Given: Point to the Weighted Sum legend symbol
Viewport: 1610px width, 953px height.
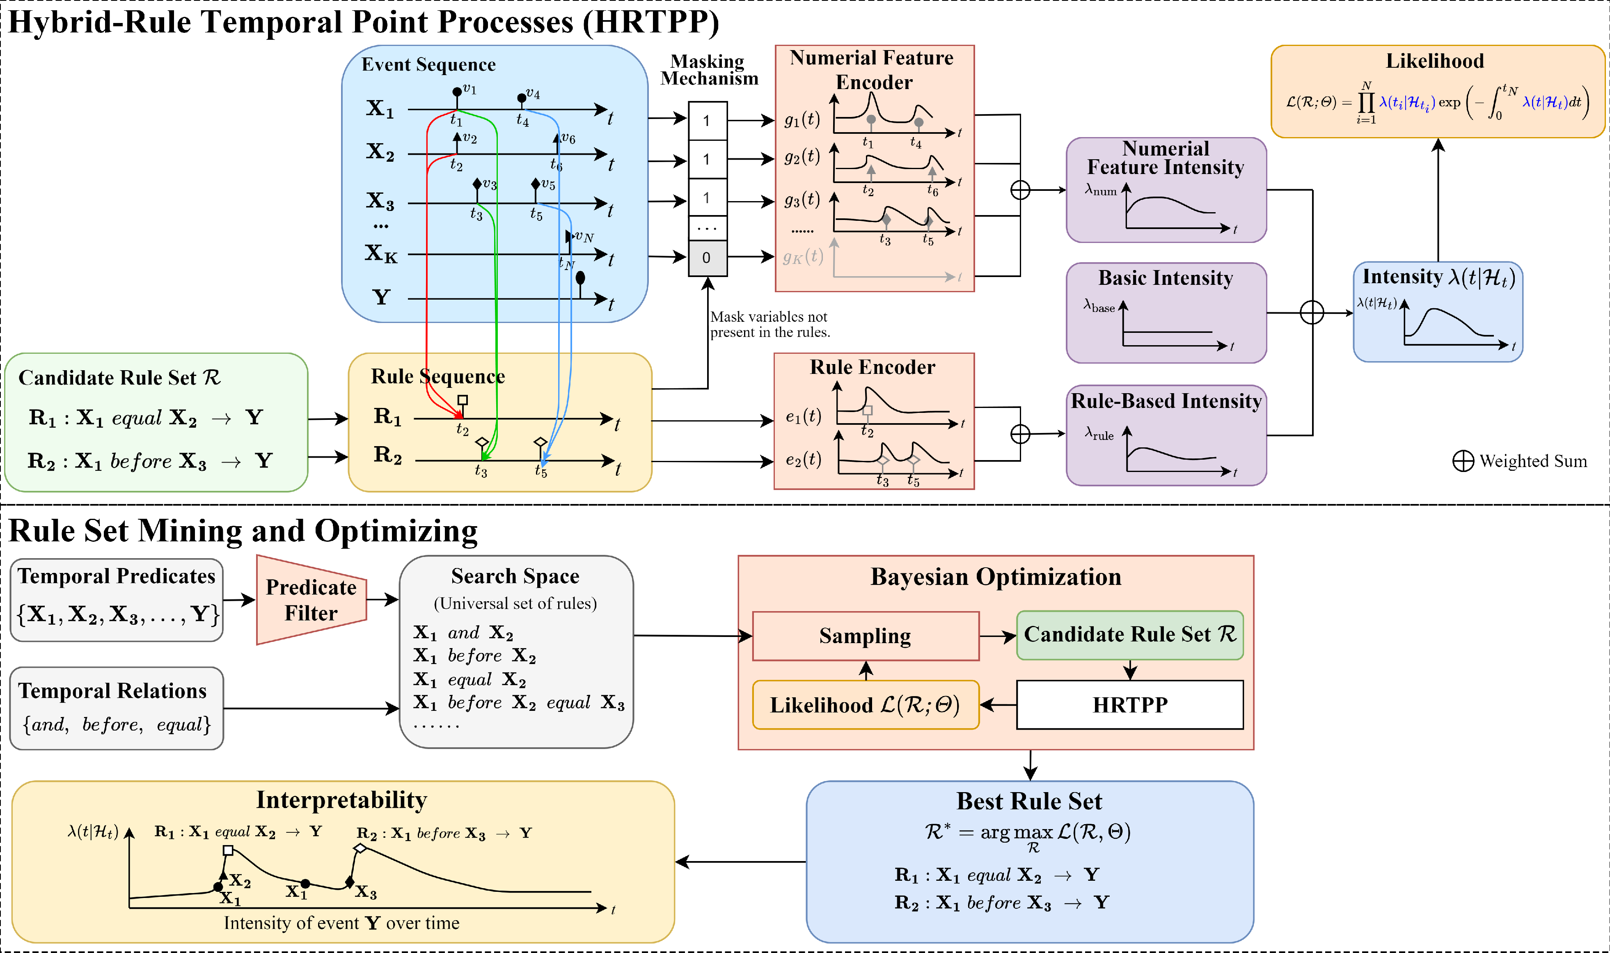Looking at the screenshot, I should (1463, 461).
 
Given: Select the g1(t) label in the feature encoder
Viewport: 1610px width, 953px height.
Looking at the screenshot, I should (802, 119).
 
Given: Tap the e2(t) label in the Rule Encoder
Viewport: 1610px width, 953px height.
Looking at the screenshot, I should (803, 459).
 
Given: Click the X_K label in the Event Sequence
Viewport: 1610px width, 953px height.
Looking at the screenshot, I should (381, 254).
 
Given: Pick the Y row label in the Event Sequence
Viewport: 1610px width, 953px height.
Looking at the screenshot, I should (381, 297).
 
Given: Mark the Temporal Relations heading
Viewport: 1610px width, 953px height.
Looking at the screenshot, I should (112, 691).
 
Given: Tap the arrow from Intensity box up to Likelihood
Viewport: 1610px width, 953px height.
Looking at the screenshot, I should (1438, 199).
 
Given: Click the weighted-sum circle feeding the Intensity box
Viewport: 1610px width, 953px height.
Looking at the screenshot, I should (1312, 313).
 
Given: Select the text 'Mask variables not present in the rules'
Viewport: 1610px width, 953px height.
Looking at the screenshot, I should (770, 324).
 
